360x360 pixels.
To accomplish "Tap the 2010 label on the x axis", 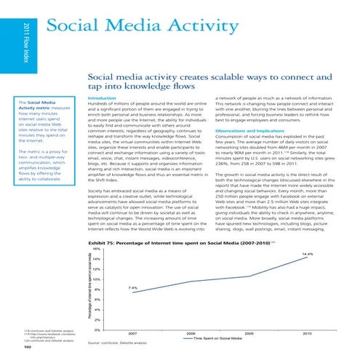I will point(307,334).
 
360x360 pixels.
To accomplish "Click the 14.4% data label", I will point(305,214).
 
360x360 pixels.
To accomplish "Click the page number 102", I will point(20,346).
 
